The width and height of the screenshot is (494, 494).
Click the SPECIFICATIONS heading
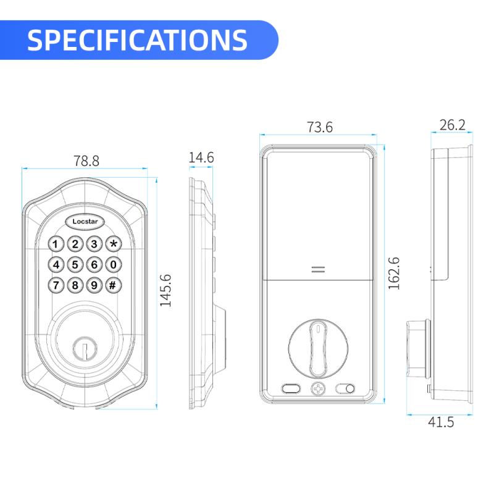[x=138, y=40]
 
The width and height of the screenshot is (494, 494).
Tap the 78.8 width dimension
[x=86, y=161]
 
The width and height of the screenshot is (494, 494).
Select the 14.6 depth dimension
[x=201, y=158]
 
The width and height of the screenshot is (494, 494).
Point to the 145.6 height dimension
[x=165, y=290]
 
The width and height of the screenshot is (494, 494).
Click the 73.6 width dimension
[x=319, y=127]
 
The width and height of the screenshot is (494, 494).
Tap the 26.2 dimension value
[x=452, y=125]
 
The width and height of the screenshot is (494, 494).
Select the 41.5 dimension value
[x=441, y=422]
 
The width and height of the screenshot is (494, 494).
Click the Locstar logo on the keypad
[x=85, y=222]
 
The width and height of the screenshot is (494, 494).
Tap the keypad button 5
[x=75, y=265]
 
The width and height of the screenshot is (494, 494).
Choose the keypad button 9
[x=94, y=285]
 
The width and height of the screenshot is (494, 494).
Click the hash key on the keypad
[x=113, y=285]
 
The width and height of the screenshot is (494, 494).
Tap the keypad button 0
[x=113, y=265]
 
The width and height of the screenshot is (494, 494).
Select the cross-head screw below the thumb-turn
[x=317, y=389]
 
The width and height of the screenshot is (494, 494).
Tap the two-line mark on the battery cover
[x=318, y=270]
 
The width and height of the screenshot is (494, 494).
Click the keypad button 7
[x=56, y=285]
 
